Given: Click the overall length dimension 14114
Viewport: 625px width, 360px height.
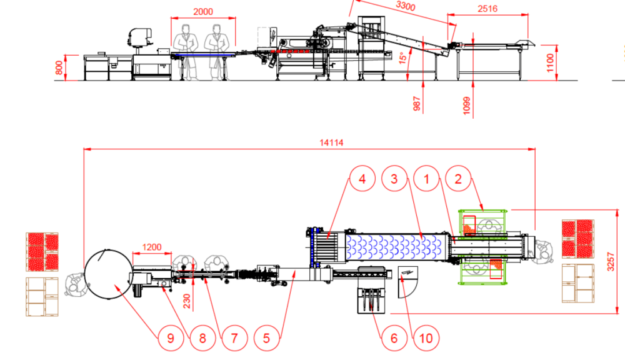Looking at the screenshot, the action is click(331, 142).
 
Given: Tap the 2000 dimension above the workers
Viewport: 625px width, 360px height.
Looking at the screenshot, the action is click(203, 11).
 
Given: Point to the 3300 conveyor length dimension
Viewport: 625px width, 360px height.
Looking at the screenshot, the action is click(406, 6).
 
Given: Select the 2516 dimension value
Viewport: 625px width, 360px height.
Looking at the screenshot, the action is click(487, 8).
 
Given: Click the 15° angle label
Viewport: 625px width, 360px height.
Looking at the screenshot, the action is click(402, 57).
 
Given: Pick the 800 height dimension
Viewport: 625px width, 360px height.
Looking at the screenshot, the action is click(59, 67).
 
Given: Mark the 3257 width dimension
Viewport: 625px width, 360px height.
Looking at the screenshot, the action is click(611, 261).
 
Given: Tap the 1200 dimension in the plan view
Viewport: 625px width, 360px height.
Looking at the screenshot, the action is click(152, 247).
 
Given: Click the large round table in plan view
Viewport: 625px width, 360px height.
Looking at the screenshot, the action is click(108, 274).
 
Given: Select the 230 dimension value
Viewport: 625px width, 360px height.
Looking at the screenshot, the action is click(187, 301).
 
